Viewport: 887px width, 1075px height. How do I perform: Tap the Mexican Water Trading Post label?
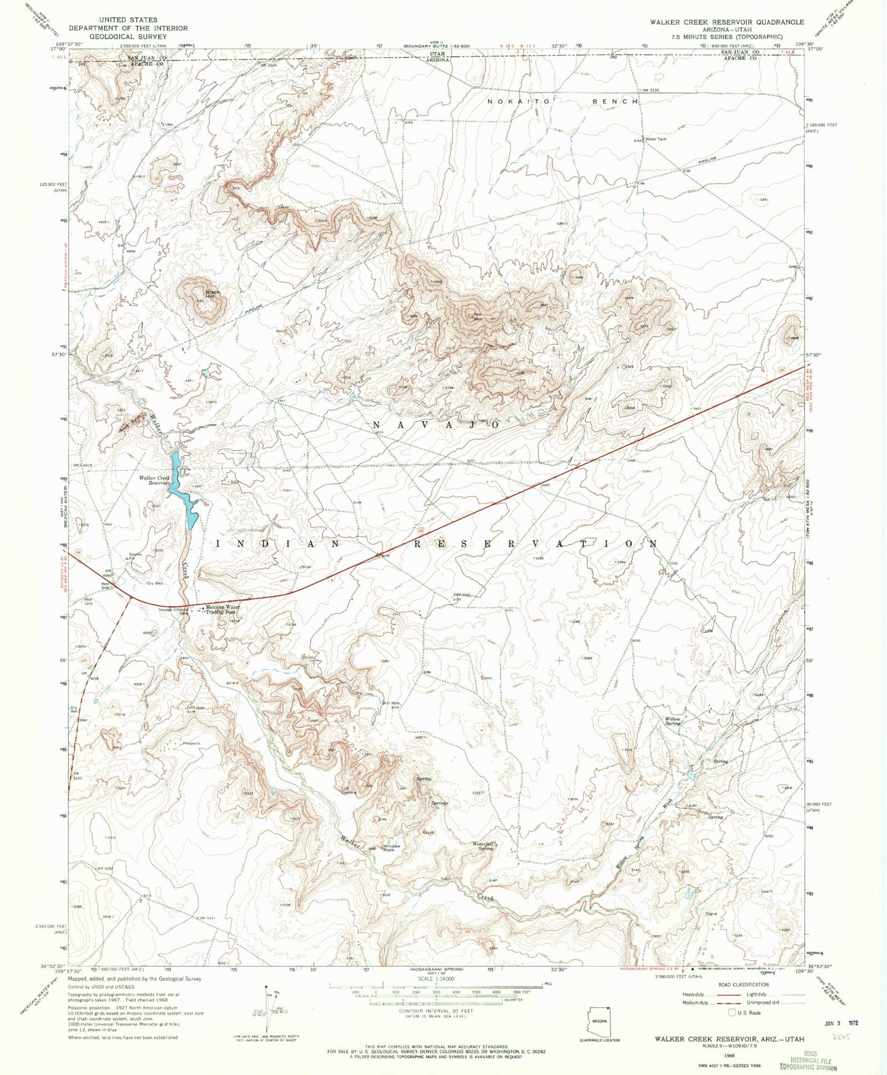pos(222,610)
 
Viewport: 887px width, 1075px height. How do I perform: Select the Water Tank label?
pos(656,139)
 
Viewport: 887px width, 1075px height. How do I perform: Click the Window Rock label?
pos(392,848)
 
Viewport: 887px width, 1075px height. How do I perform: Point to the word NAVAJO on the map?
pos(438,425)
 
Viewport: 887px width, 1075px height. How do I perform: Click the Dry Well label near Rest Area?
pos(155,583)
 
